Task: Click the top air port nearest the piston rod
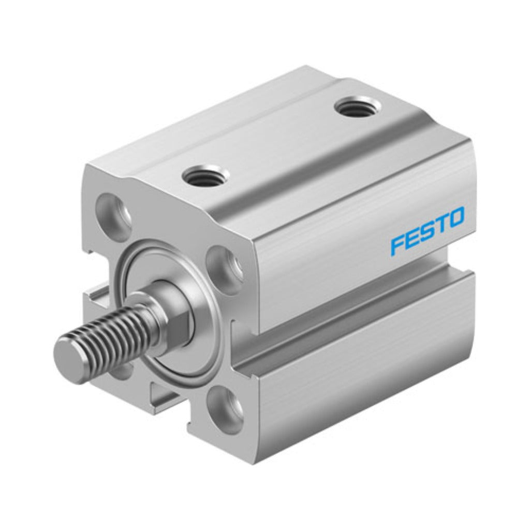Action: pos(206,175)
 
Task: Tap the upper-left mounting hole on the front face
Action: pos(113,214)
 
